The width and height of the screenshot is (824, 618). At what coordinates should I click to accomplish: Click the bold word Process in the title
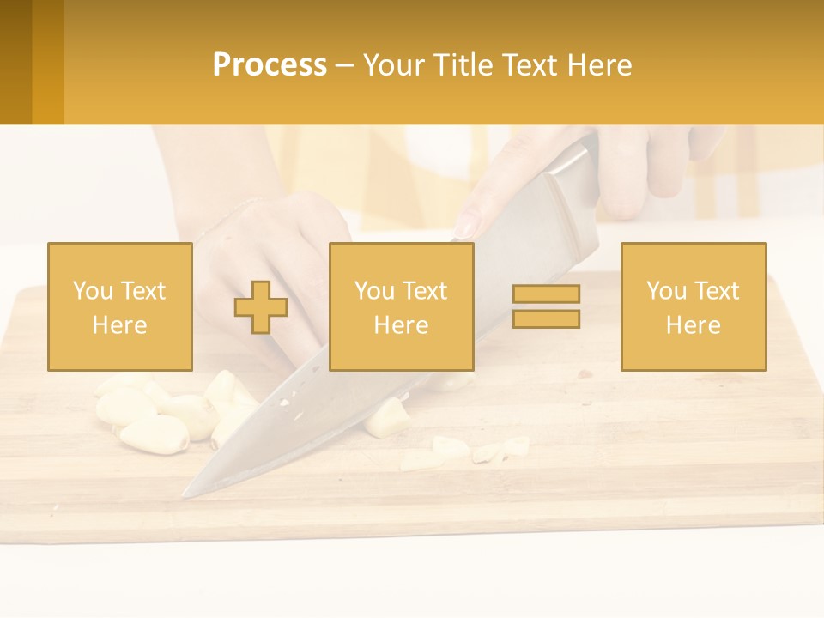(270, 65)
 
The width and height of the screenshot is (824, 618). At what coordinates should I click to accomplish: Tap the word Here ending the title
(596, 65)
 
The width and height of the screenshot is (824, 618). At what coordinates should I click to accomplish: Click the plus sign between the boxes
(261, 307)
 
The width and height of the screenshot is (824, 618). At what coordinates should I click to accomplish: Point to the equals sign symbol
(546, 306)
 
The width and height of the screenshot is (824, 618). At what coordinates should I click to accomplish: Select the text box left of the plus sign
(120, 307)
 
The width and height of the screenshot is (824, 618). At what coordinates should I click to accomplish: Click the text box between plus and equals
(401, 307)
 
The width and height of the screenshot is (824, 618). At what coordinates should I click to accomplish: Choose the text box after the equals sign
(693, 307)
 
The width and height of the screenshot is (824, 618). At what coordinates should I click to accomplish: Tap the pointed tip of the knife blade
(186, 494)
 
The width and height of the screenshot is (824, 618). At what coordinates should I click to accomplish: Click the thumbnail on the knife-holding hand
(465, 227)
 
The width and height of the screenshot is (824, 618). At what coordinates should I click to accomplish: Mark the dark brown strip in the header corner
(15, 62)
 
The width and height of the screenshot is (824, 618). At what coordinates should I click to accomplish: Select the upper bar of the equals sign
(546, 294)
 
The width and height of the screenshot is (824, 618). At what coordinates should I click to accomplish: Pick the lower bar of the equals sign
(546, 318)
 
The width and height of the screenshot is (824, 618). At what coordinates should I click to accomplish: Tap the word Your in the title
(390, 65)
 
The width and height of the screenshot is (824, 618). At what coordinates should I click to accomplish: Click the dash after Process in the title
(344, 66)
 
